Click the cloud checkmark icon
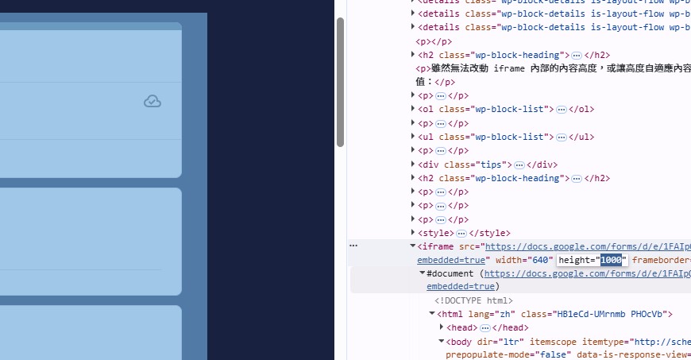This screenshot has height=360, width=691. click(152, 101)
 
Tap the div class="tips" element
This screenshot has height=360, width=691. click(465, 165)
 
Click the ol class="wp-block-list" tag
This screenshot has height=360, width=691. click(486, 110)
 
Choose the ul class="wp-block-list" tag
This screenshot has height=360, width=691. click(486, 137)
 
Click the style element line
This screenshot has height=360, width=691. click(435, 233)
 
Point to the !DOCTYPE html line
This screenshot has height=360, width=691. click(473, 300)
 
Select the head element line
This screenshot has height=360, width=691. click(462, 327)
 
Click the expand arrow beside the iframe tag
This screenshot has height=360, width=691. click(412, 246)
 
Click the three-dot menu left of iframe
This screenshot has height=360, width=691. click(353, 246)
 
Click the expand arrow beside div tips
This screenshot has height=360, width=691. click(412, 165)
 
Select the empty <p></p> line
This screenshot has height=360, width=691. click(434, 41)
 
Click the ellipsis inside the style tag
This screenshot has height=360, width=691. click(461, 233)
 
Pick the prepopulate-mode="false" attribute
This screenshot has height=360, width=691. click(484, 354)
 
